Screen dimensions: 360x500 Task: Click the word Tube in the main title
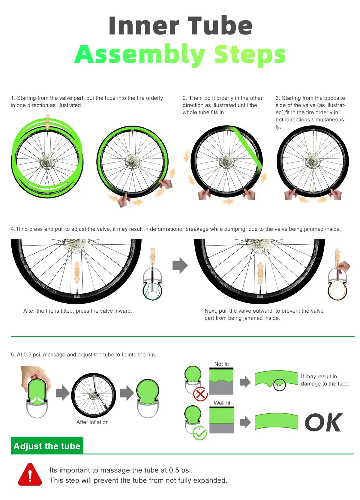[220, 25]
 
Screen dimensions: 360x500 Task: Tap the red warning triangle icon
[30, 474]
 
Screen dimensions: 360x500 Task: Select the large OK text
[323, 423]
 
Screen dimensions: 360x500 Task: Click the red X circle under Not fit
[200, 394]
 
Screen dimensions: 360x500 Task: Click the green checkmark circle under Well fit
[199, 433]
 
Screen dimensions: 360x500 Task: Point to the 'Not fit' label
[221, 364]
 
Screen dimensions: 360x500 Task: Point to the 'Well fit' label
[222, 403]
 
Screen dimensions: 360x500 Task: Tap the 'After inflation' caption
[92, 422]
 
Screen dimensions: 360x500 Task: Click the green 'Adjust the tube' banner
[47, 446]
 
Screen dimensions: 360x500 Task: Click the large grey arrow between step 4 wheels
[180, 266]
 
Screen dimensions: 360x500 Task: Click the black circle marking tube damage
[279, 385]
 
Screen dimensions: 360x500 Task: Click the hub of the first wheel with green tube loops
[47, 162]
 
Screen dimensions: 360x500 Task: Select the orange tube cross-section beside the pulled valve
[337, 290]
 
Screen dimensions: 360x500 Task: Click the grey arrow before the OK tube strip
[245, 422]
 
